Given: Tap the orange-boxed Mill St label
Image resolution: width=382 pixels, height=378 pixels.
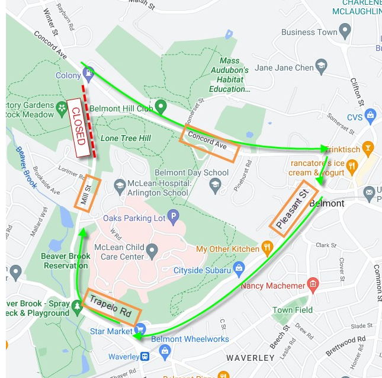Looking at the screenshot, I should [87, 192].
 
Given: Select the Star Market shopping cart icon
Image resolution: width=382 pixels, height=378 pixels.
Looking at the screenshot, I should [140, 329].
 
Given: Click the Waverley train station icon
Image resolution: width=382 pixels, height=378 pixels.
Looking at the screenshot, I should [145, 357].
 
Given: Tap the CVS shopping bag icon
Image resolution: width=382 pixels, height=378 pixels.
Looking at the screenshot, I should [370, 114].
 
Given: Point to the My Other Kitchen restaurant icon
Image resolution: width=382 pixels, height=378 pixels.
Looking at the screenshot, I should [267, 248].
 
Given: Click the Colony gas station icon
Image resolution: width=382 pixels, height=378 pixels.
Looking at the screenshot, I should [88, 73].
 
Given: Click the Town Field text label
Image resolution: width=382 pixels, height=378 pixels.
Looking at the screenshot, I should [293, 310].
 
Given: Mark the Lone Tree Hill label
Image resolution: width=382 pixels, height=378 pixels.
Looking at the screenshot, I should [126, 138].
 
